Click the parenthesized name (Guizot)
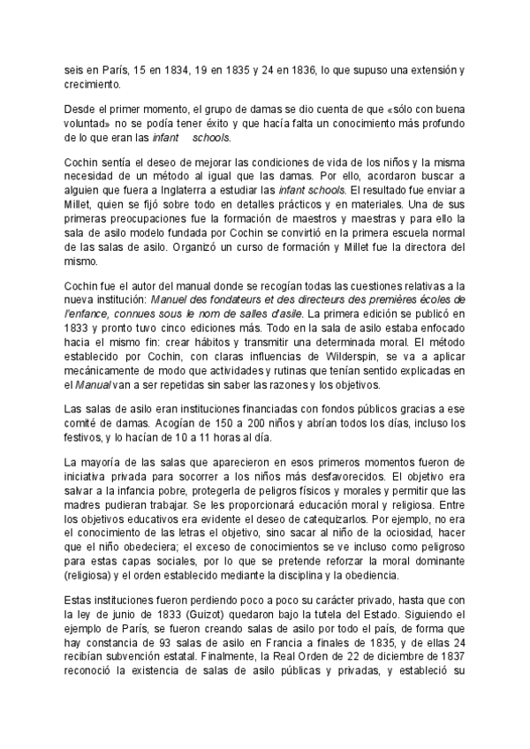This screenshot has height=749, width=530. (x=204, y=616)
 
